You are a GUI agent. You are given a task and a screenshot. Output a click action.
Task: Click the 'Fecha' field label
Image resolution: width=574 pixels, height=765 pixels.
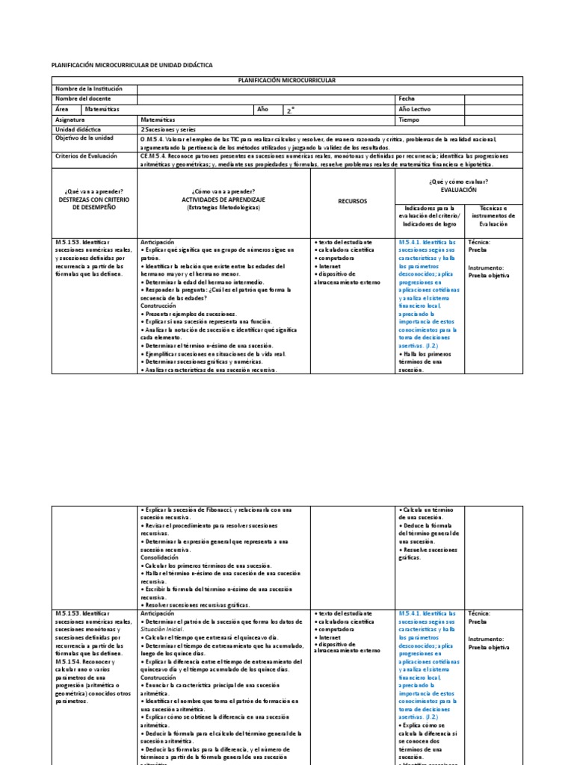(x=407, y=99)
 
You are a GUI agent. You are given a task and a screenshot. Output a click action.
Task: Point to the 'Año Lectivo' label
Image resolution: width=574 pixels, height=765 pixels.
(x=416, y=109)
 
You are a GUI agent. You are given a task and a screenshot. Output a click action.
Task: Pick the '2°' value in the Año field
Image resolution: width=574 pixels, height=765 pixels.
(x=291, y=110)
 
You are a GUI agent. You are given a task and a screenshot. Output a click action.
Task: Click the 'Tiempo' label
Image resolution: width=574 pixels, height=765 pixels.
(x=410, y=120)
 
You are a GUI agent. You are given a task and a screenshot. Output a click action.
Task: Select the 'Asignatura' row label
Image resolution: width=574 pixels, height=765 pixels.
(x=72, y=120)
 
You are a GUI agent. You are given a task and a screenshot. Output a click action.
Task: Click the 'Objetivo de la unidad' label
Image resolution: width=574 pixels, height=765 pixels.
(x=84, y=139)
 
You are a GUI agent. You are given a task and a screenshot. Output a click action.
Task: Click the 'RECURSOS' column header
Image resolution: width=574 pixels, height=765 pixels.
(x=352, y=201)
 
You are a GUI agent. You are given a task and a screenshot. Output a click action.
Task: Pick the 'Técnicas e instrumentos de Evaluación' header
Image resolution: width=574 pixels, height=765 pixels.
(x=493, y=216)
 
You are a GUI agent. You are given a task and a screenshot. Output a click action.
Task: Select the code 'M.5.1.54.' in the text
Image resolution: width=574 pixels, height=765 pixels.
(x=70, y=661)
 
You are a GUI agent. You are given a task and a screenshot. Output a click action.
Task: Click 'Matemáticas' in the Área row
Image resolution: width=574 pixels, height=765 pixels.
(x=102, y=109)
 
